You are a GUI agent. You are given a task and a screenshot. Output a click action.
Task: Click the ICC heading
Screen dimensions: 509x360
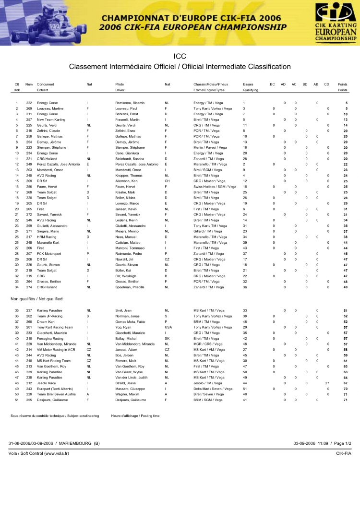tap(180, 56)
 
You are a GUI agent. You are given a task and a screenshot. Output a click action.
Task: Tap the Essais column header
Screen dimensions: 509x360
tap(248, 84)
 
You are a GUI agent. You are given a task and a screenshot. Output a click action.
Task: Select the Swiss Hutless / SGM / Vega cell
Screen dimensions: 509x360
tap(215, 187)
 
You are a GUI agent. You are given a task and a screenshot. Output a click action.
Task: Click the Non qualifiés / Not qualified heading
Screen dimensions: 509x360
tap(37, 299)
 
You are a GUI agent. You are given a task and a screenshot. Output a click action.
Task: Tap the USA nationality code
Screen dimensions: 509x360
tap(168, 327)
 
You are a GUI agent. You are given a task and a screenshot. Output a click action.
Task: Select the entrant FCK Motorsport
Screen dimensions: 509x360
tap(50, 254)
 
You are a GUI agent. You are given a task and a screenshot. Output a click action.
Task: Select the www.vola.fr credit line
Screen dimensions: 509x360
tap(39, 453)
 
